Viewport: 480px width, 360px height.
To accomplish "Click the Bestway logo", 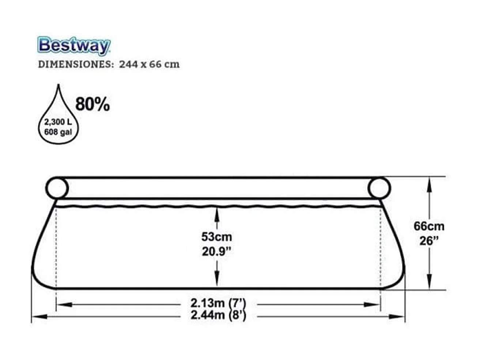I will tap(73, 46).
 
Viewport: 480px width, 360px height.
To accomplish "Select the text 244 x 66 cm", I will tap(149, 64).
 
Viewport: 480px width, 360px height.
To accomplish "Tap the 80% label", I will tap(92, 105).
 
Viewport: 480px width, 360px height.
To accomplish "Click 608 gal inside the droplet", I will tap(58, 132).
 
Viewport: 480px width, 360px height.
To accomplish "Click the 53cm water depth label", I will tap(217, 237).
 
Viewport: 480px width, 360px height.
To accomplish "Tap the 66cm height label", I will tap(429, 226).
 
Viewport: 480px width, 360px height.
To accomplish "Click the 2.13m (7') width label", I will tap(218, 303).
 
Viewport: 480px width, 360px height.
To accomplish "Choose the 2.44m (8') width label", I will tap(218, 315).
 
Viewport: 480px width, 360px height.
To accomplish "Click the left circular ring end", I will tap(57, 188).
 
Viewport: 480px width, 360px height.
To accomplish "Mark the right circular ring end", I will tap(379, 188).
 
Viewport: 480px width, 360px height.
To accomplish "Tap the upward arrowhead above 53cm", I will tap(217, 212).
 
